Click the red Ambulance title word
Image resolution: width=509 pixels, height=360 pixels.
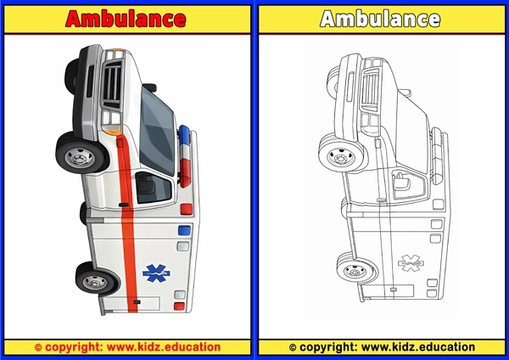(x=126, y=19)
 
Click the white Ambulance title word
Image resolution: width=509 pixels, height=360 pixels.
(x=380, y=19)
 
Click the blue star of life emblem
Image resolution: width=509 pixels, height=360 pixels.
(x=154, y=273)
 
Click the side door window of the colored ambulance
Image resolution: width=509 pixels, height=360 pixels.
(x=151, y=185)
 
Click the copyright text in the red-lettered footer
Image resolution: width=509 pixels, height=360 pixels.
(x=127, y=346)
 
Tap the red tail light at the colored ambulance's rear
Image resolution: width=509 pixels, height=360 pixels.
(x=179, y=304)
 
